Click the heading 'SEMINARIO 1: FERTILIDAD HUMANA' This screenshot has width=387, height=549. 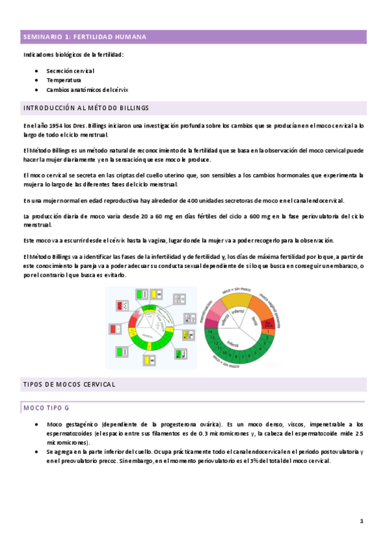pyautogui.click(x=84, y=37)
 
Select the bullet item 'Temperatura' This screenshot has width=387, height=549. pyautogui.click(x=63, y=80)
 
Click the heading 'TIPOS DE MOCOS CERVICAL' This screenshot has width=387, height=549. pyautogui.click(x=69, y=384)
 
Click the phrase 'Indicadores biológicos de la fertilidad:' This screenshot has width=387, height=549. pyautogui.click(x=73, y=54)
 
